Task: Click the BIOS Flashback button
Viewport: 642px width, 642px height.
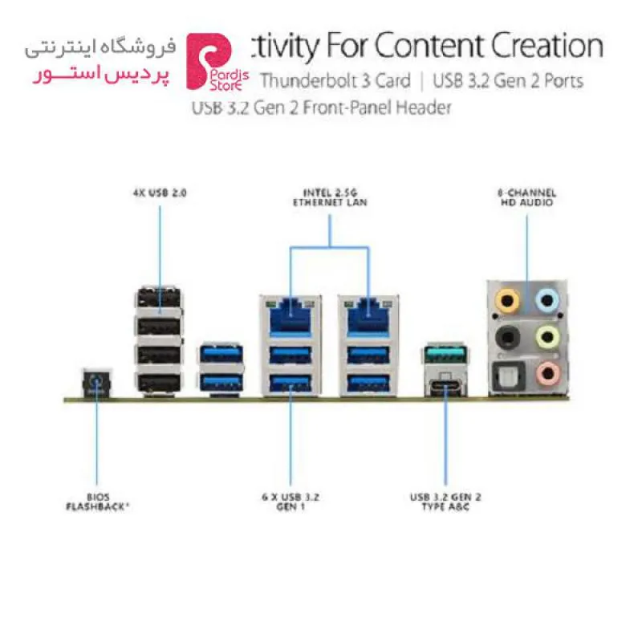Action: tap(96, 384)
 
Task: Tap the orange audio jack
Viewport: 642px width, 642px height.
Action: tap(507, 301)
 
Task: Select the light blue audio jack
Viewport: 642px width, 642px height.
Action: tap(547, 301)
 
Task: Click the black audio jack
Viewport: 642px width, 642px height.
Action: tap(508, 338)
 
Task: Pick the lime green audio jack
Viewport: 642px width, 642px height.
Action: tap(548, 337)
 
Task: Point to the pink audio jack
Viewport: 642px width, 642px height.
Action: tap(548, 373)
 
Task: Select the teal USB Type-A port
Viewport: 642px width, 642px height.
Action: tap(445, 355)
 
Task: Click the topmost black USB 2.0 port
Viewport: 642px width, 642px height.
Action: tap(159, 298)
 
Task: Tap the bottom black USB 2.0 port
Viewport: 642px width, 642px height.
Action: tap(159, 384)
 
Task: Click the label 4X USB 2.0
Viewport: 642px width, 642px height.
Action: tap(160, 193)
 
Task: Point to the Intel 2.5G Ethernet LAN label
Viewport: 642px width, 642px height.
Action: tap(330, 197)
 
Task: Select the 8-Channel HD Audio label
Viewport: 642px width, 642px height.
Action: tap(527, 197)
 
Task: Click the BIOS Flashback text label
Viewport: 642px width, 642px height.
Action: tap(97, 502)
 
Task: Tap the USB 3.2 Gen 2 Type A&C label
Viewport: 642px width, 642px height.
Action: tap(445, 502)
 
